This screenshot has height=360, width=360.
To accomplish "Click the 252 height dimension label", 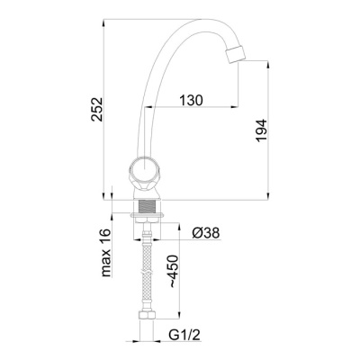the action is pyautogui.click(x=97, y=109).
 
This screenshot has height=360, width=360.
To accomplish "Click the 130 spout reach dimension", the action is pyautogui.click(x=191, y=100).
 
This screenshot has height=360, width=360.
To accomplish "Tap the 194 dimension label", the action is pyautogui.click(x=261, y=130).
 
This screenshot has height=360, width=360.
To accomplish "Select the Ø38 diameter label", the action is pyautogui.click(x=206, y=232).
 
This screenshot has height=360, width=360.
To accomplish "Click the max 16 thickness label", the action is pyautogui.click(x=106, y=253).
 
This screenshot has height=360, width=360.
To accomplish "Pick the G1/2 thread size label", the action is pyautogui.click(x=184, y=336).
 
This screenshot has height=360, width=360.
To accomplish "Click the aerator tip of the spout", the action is pyautogui.click(x=235, y=54).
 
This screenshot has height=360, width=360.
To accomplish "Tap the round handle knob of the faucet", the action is pyautogui.click(x=144, y=169).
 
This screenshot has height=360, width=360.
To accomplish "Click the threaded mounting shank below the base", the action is pyautogui.click(x=147, y=206).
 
